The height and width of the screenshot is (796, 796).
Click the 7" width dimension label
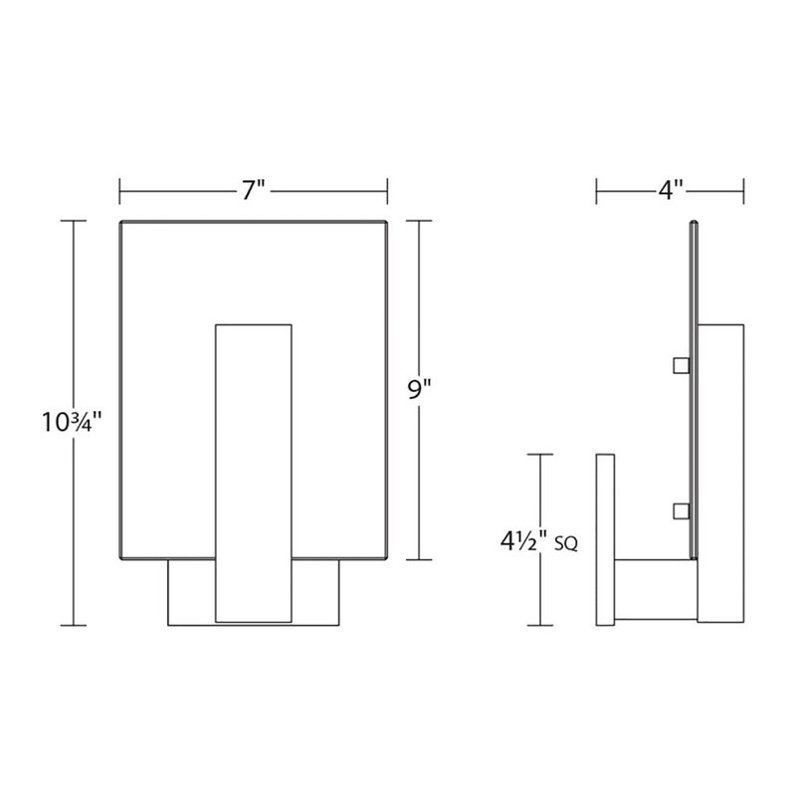[x=254, y=190]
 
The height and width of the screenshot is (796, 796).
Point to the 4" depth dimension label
[x=670, y=190]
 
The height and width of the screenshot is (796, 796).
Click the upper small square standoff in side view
[x=682, y=365]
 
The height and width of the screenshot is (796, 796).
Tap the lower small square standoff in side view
[x=682, y=511]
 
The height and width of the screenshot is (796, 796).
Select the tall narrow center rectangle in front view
[x=254, y=473]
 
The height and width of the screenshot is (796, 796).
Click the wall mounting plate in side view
[x=605, y=539]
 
